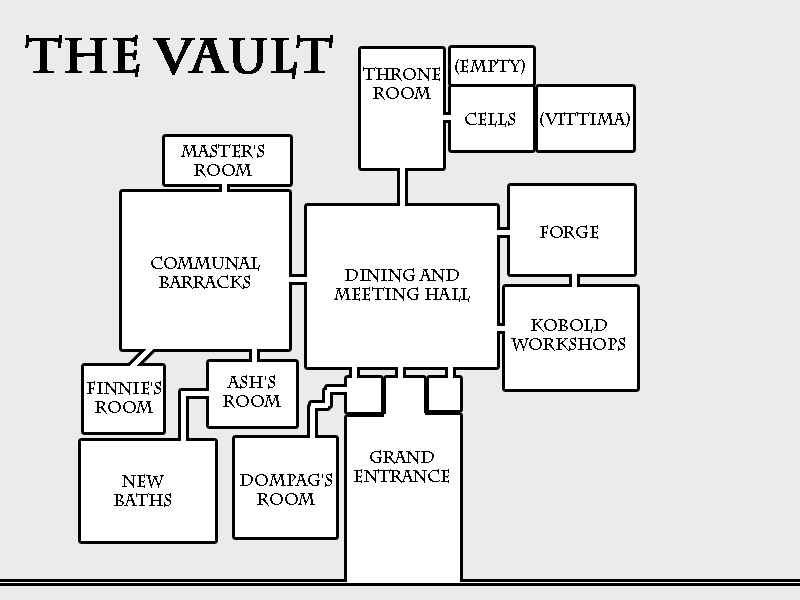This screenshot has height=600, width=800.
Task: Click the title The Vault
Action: coord(180,57)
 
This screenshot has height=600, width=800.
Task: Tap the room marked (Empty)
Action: coord(490,67)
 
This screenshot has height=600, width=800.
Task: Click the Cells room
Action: coord(490,120)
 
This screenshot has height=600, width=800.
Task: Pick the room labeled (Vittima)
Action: coord(585,120)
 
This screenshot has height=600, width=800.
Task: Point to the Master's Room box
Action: coord(228,160)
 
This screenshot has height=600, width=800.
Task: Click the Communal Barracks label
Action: coord(205,272)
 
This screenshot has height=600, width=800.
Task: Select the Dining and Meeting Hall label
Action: coord(401,285)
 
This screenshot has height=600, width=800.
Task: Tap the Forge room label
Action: coord(569,232)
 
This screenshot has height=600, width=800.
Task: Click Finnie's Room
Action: coord(124,398)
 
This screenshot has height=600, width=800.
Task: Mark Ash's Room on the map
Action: coord(252,392)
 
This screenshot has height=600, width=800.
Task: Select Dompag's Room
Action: coord(286,490)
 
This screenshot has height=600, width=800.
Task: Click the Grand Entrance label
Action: coord(402,467)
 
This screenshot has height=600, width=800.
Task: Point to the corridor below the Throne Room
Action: coord(402,187)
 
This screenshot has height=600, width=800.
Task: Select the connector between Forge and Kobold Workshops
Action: coord(572,280)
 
